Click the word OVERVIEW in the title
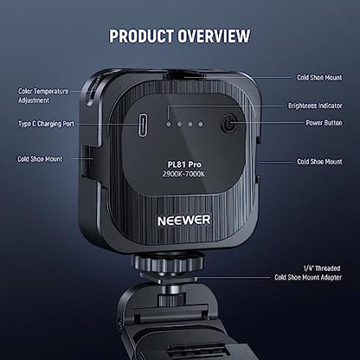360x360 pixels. [x=214, y=36]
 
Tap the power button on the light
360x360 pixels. [x=229, y=124]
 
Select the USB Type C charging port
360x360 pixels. [x=143, y=125]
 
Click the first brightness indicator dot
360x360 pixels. [x=169, y=125]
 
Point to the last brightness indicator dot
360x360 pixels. [x=201, y=125]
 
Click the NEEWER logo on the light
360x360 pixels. [x=184, y=221]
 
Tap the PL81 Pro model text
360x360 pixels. [x=184, y=164]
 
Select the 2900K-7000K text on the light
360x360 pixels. [x=184, y=174]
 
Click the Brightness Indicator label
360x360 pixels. [x=315, y=106]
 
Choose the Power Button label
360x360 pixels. [x=324, y=123]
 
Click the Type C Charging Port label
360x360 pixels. [x=46, y=124]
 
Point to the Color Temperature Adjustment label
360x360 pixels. [x=43, y=96]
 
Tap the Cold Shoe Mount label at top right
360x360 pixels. [x=319, y=78]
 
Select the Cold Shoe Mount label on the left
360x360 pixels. [x=40, y=159]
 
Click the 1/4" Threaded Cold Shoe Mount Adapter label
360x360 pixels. [x=308, y=273]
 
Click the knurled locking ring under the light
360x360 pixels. [x=168, y=263]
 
